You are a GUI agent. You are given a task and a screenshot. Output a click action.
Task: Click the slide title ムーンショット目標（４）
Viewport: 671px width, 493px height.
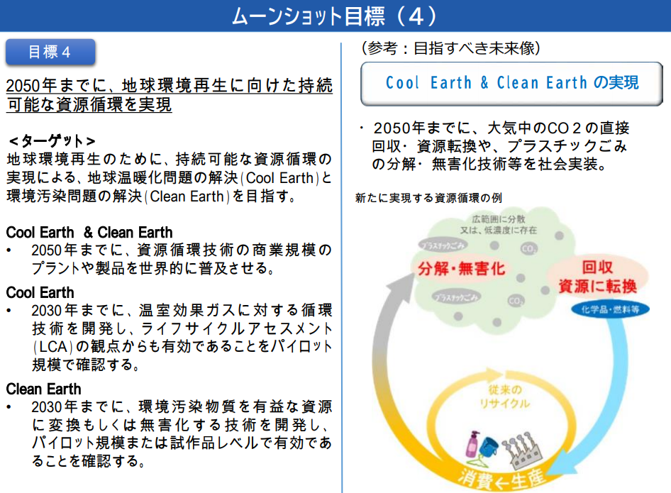click(x=335, y=16)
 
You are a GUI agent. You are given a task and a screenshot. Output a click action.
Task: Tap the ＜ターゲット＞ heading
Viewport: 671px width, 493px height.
click(x=51, y=140)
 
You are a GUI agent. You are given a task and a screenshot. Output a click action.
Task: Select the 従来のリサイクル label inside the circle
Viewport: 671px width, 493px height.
click(x=506, y=397)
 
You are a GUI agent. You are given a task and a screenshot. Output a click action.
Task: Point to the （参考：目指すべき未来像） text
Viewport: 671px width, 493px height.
click(x=451, y=48)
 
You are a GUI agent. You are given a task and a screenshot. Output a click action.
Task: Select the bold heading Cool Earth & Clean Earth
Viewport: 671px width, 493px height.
click(x=89, y=232)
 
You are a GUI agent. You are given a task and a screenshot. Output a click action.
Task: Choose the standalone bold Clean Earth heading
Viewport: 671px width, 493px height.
click(x=44, y=389)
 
